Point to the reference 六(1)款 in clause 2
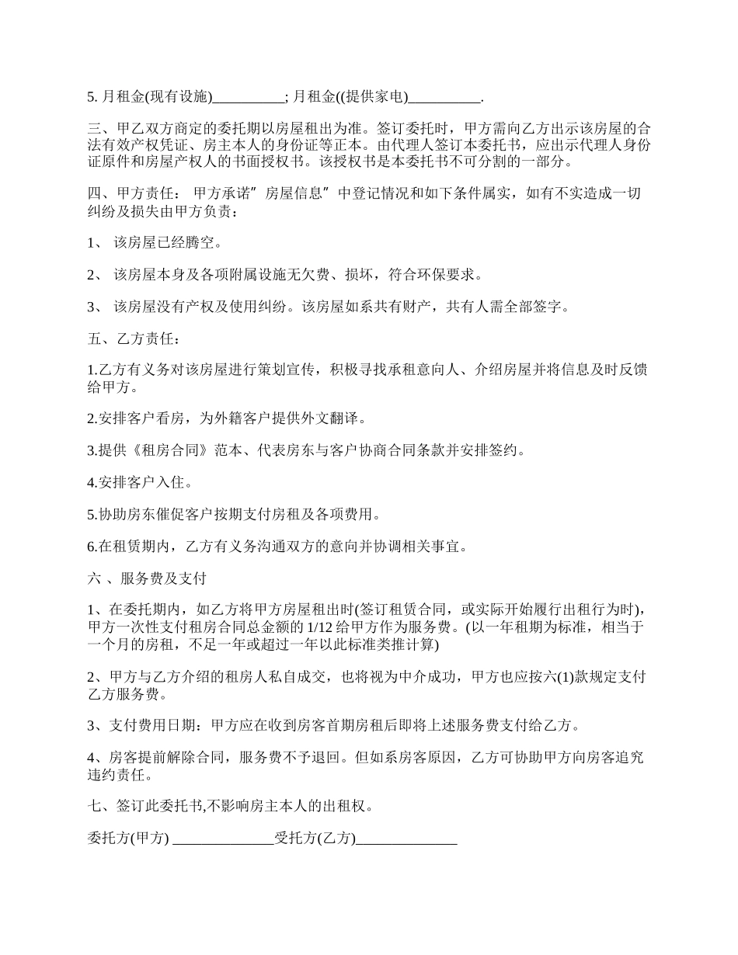tap(570, 677)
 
